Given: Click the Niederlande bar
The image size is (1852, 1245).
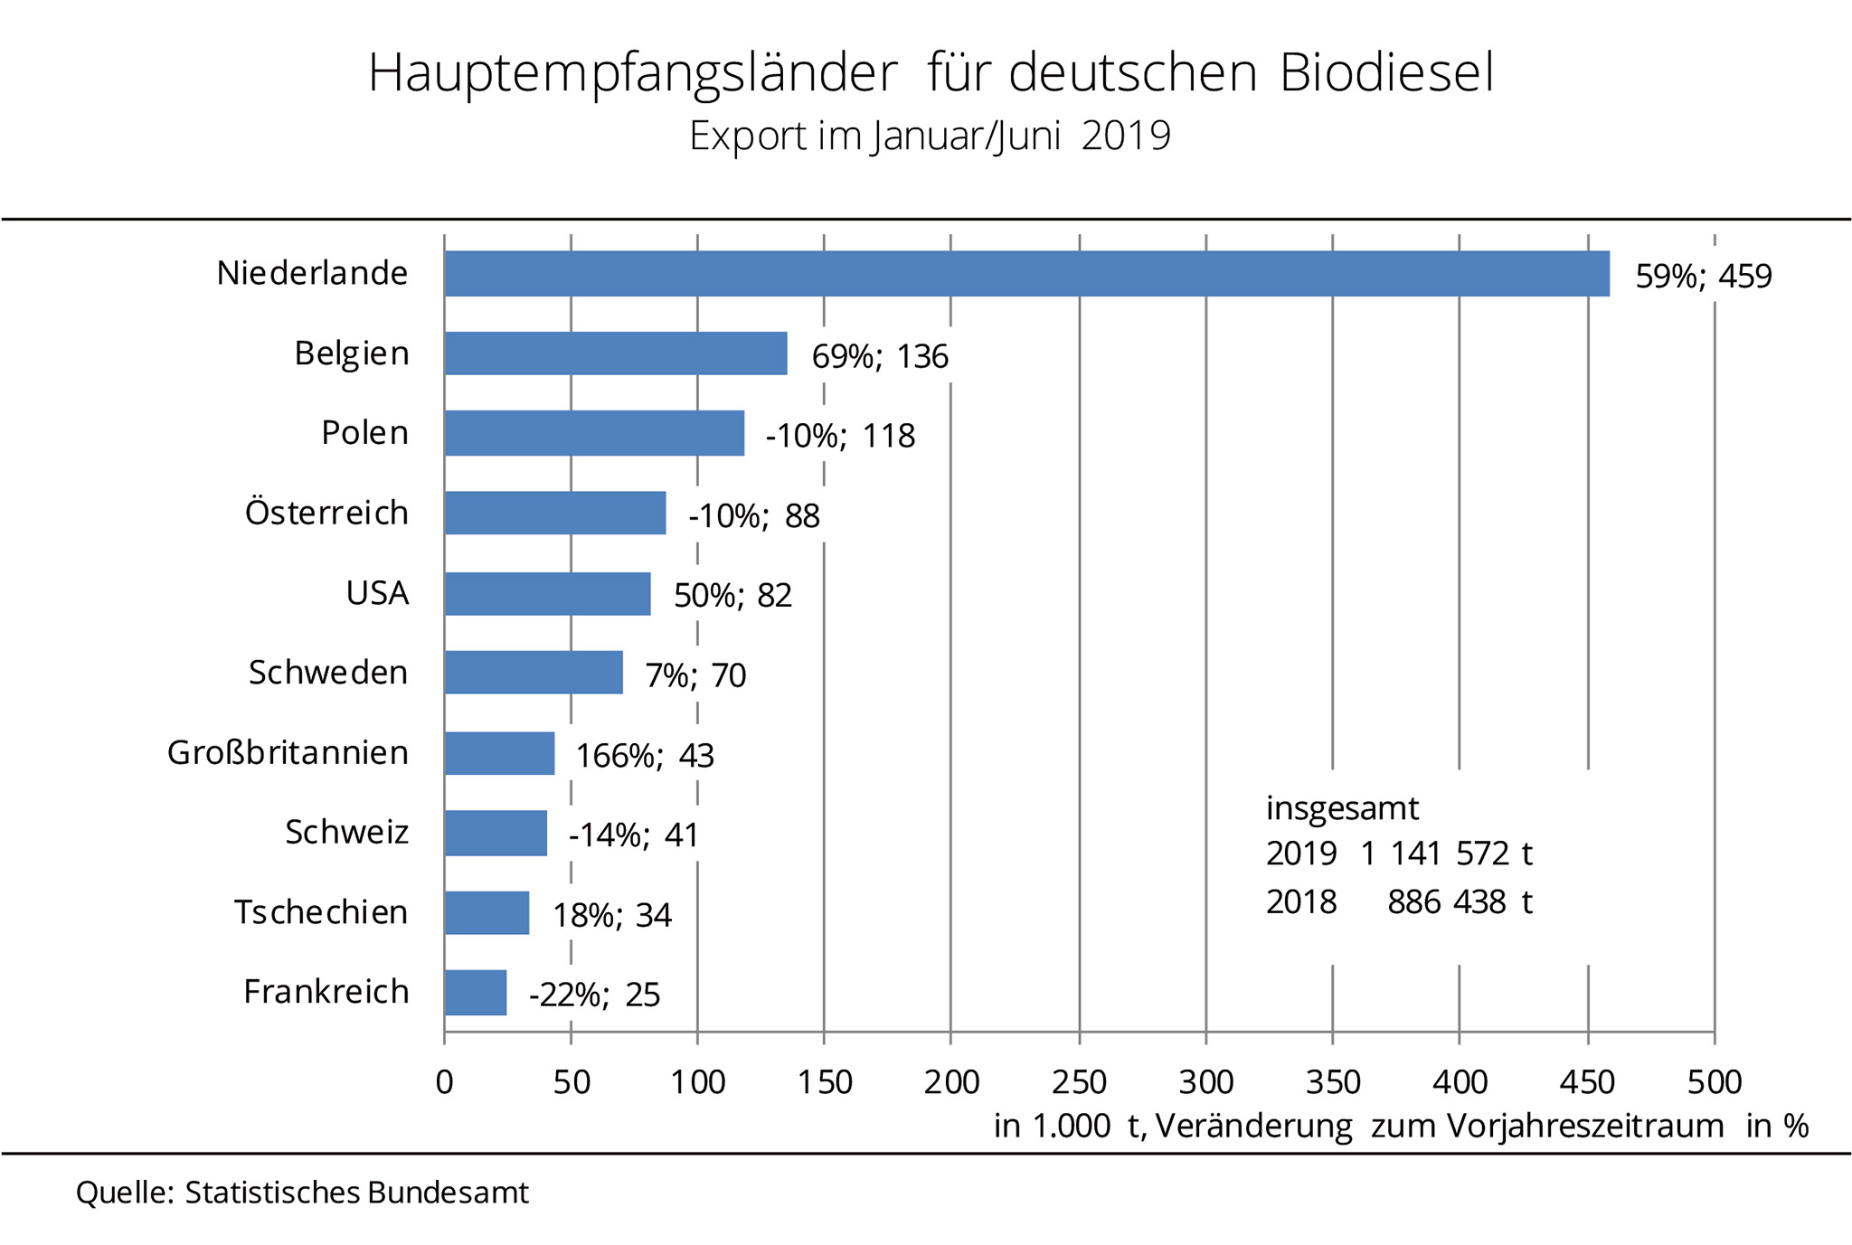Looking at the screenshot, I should coord(1026,274).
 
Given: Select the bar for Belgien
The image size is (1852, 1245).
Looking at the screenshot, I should coord(616,354).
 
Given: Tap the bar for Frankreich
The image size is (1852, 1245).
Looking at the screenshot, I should coord(476,993).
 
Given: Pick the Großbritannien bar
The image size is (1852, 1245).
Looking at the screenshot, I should coord(499,753).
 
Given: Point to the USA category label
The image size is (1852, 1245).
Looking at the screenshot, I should coord(377,593).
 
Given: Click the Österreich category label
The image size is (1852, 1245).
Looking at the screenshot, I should coord(326,513).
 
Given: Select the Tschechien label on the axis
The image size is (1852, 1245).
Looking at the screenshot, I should coord(321,912).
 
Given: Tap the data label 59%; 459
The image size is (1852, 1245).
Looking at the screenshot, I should coord(1703,276).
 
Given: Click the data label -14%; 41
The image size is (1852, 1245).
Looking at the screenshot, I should coord(633,835).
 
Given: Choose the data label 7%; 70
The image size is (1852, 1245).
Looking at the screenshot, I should coord(694,675).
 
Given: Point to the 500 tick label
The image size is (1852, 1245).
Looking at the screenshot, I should coord(1715,1082).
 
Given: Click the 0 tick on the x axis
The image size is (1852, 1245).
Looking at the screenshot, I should coord(444,1082).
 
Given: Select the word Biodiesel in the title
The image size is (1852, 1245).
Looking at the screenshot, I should coord(1386,73).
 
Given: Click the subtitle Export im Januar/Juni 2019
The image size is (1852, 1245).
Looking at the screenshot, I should coord(930,137).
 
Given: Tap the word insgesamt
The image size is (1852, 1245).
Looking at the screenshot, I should coord(1342,807).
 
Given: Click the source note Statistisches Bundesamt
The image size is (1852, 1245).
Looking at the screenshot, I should coord(356,1193).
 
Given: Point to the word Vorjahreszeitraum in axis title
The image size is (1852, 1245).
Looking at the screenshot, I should coord(1585,1127).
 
